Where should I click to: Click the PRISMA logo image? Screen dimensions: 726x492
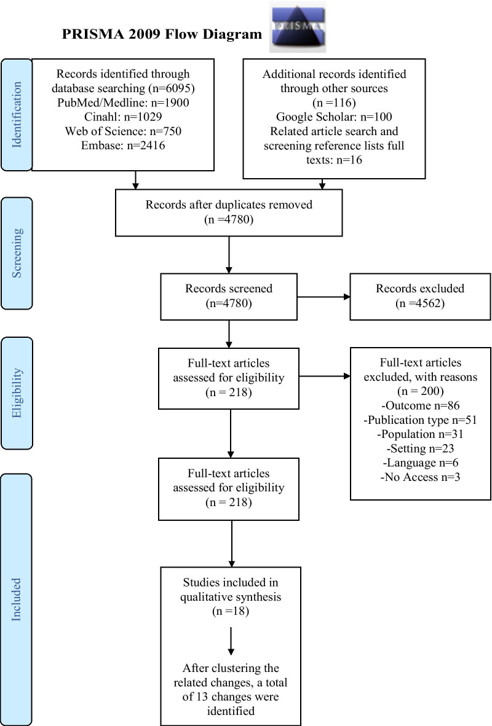pos(298,28)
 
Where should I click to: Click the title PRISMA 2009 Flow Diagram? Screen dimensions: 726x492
pos(162,34)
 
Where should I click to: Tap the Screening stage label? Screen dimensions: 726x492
pos(17,252)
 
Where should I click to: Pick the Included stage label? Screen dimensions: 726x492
pos(17,599)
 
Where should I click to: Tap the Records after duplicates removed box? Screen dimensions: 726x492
pos(228,212)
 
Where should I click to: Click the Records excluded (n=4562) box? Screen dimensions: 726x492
pos(420,295)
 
